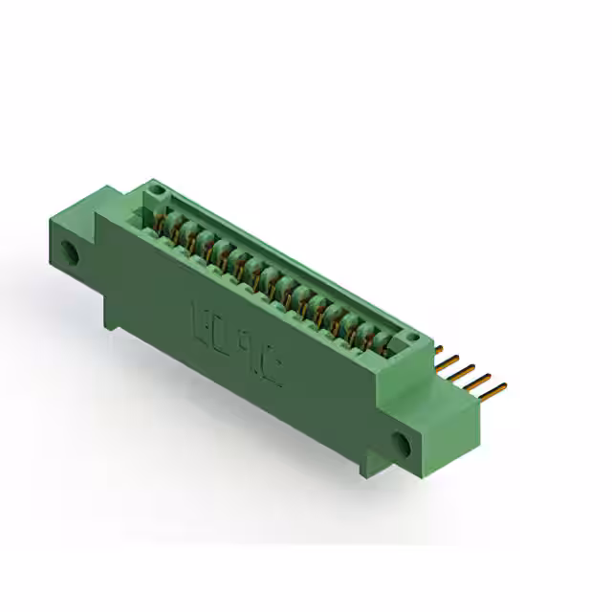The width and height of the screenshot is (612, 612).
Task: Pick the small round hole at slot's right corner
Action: [412, 339]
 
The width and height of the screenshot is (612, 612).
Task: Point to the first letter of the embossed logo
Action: [202, 317]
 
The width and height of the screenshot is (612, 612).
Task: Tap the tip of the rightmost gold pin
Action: [502, 387]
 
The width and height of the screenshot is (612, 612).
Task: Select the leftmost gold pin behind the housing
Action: [444, 351]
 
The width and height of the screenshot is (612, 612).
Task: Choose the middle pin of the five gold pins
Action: [470, 369]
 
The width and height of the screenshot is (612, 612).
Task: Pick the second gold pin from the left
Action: [455, 361]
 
